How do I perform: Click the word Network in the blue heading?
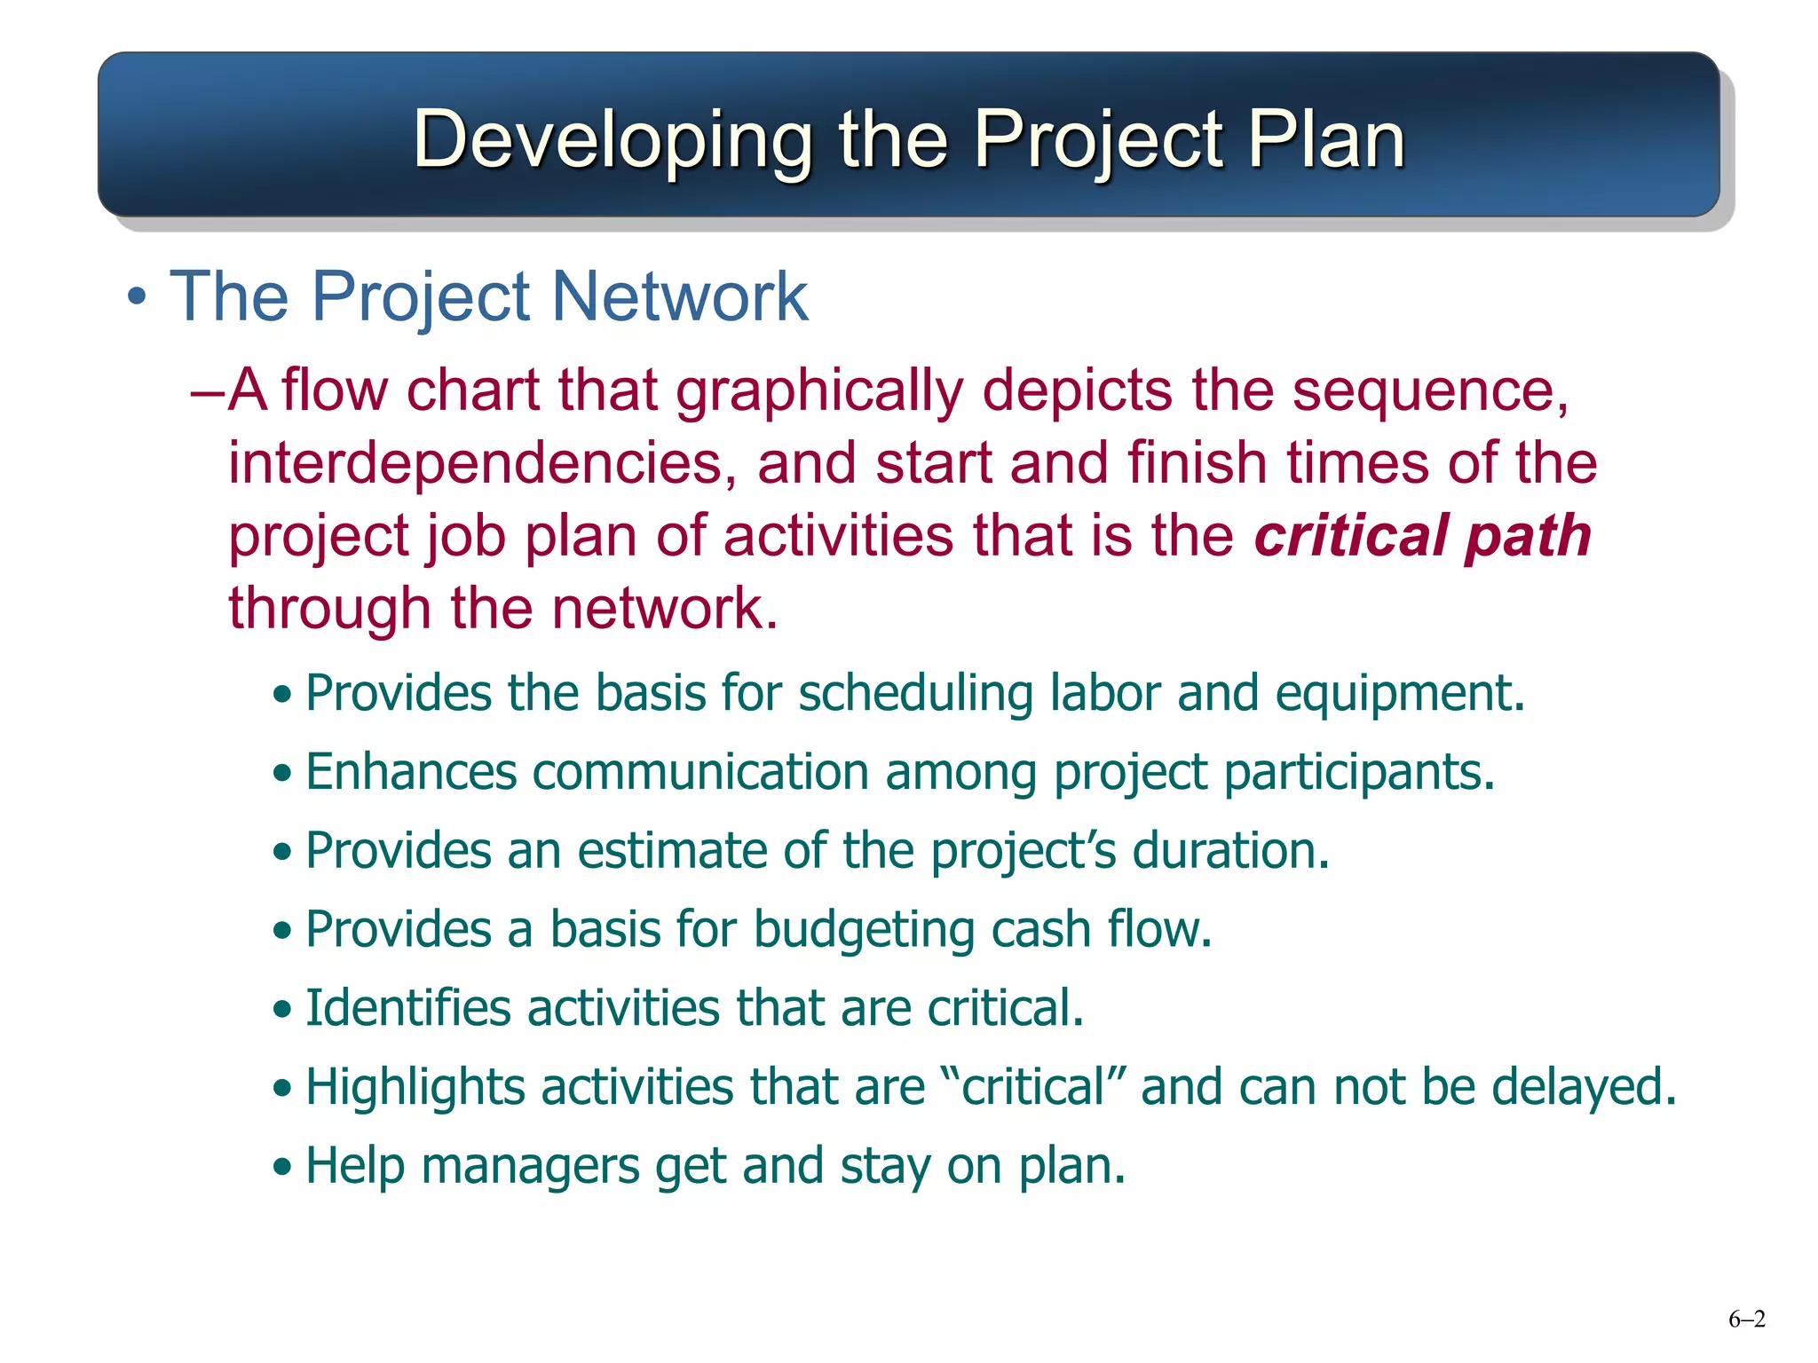click(x=680, y=296)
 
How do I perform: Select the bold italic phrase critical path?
click(x=1422, y=536)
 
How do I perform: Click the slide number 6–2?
click(x=1746, y=1320)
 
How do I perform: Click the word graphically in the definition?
click(x=819, y=390)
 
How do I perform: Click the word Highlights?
click(x=415, y=1087)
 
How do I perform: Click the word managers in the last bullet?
click(x=530, y=1166)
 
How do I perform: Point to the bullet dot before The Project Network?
click(x=136, y=297)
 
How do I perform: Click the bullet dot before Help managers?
click(x=282, y=1168)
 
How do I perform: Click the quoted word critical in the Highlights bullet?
click(x=1032, y=1087)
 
